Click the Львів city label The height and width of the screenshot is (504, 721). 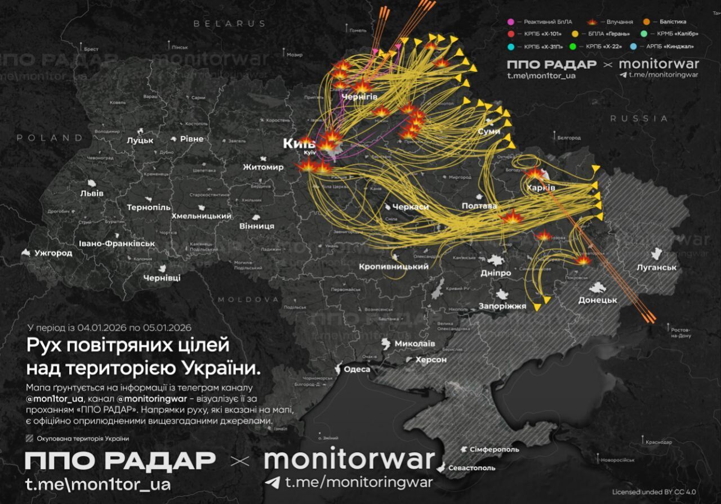click(92, 193)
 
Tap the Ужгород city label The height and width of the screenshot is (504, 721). click(53, 253)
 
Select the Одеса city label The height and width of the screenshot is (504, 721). click(357, 370)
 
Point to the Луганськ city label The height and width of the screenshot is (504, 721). click(656, 268)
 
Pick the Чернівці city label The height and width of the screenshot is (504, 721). click(162, 278)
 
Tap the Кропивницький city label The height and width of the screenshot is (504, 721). click(394, 267)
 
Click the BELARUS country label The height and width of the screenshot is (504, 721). click(229, 24)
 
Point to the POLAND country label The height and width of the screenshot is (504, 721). click(50, 137)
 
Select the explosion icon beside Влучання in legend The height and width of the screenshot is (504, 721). click(593, 22)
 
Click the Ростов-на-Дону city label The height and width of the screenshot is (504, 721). click(680, 332)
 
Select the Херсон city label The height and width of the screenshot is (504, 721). click(431, 359)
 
